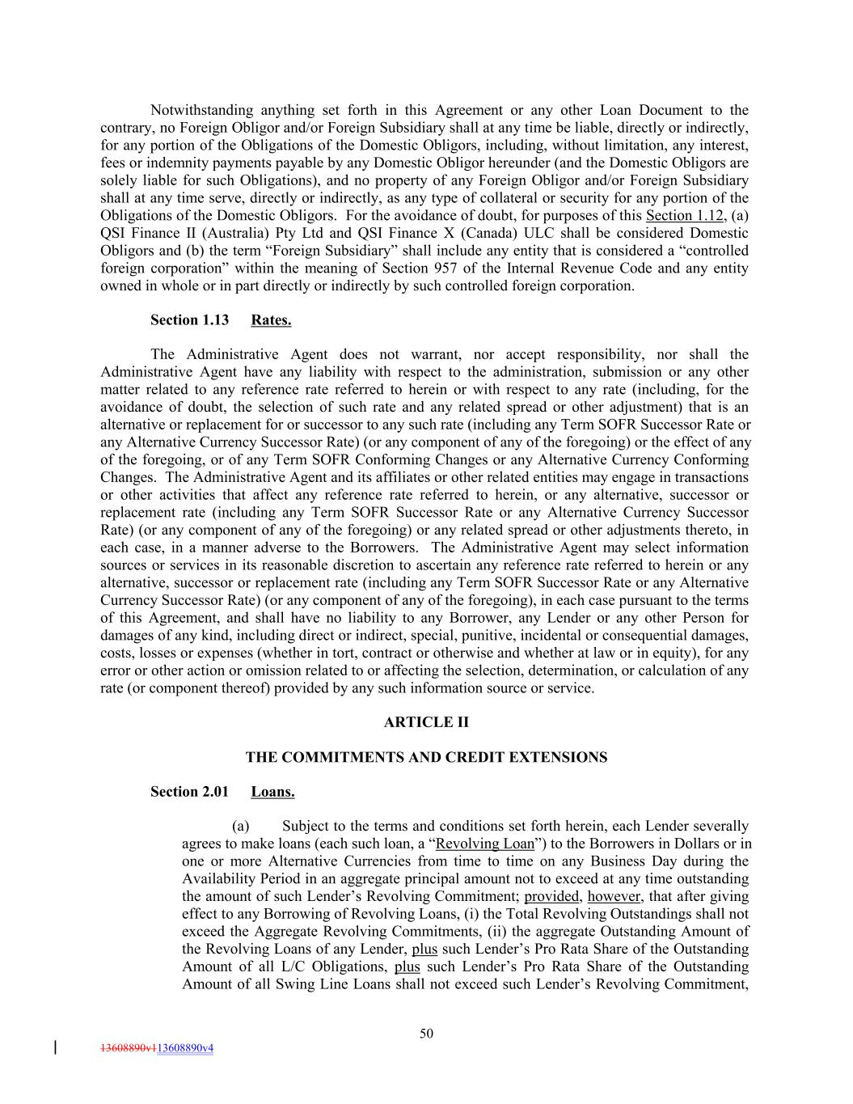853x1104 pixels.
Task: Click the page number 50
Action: (426, 1033)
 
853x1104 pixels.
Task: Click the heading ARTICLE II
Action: (426, 722)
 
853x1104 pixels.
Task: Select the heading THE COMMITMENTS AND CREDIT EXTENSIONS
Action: (426, 757)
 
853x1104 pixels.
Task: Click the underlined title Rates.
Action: (271, 320)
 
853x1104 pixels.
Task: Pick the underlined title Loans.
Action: (272, 792)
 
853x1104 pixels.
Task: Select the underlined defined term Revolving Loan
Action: (484, 844)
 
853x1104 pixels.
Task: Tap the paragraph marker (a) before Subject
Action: (240, 827)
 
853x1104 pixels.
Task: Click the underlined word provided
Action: (551, 897)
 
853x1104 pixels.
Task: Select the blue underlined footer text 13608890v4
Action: (185, 1048)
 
